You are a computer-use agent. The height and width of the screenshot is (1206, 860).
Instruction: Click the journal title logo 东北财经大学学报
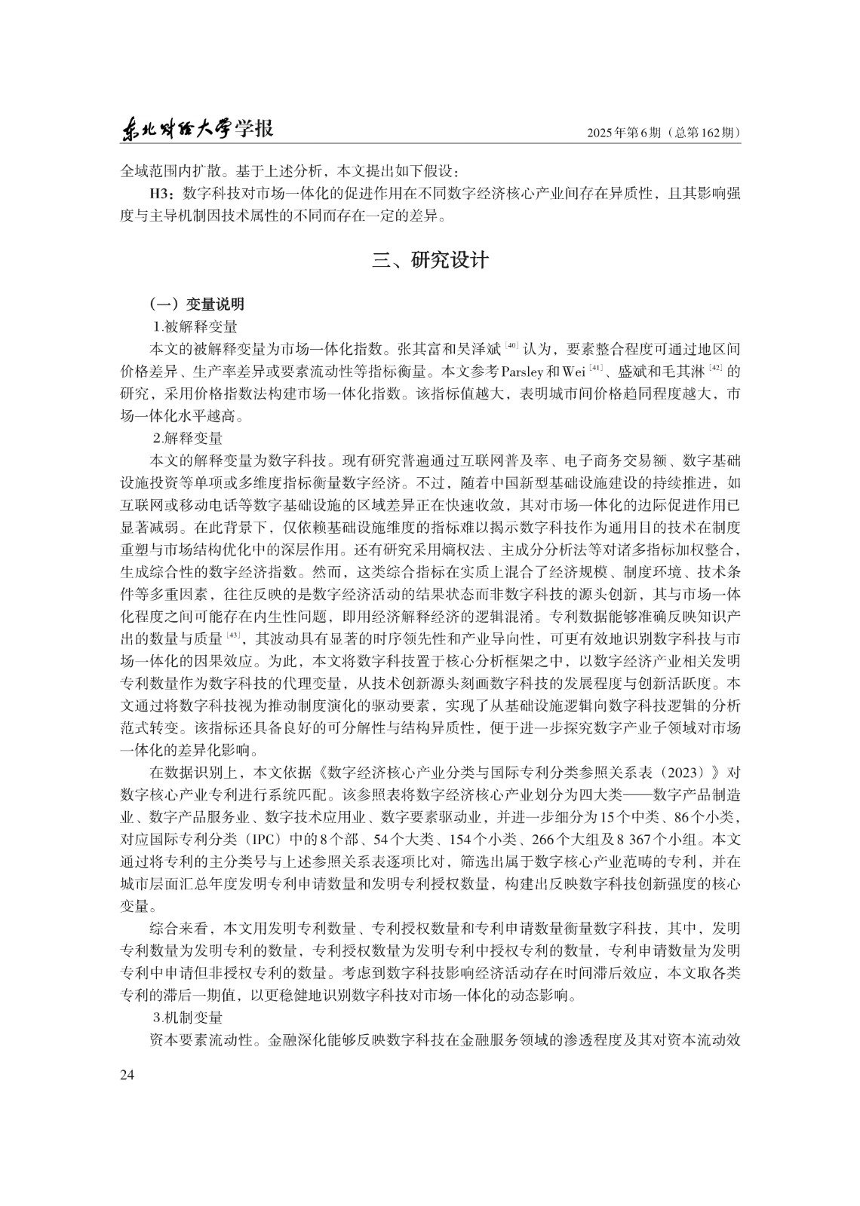point(198,130)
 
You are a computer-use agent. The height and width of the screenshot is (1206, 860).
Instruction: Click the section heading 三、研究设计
point(430,261)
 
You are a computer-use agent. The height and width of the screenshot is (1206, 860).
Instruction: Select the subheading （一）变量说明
point(197,305)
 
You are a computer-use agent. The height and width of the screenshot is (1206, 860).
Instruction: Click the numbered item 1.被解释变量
point(195,326)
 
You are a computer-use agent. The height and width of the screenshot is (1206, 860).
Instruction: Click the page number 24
point(127,1075)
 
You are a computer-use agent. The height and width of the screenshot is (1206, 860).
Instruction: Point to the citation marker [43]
point(233,635)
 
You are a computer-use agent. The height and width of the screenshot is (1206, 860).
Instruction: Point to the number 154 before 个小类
point(448,839)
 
